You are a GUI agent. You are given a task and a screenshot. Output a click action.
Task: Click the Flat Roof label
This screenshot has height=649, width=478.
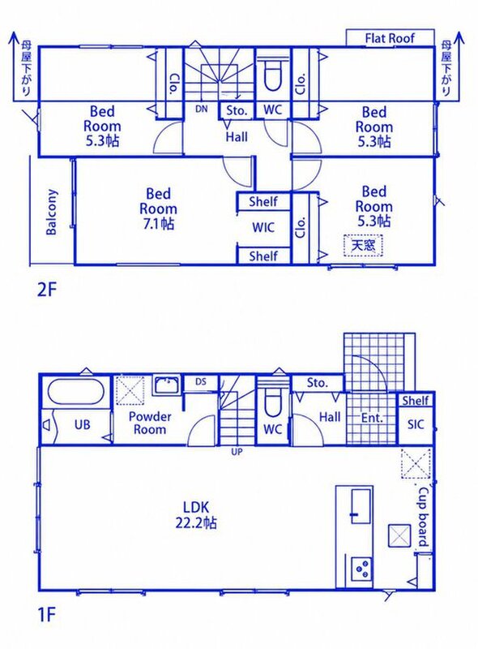pos(390,38)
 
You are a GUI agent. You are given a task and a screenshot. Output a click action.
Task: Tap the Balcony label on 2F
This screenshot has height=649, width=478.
pos(52,212)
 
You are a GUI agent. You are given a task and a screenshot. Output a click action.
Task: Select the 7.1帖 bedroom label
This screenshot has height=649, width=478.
pos(158,208)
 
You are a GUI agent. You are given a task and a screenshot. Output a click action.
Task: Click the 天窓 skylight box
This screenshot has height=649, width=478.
pos(363,245)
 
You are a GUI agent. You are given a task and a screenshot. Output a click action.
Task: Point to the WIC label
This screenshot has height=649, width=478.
pos(263,228)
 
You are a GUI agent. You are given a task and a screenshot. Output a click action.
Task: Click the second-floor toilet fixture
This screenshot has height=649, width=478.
pos(272,75)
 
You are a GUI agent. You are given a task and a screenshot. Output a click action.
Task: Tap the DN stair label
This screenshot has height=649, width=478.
pos(202,110)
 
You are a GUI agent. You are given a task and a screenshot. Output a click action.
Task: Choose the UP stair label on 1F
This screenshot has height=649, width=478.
pos(237,452)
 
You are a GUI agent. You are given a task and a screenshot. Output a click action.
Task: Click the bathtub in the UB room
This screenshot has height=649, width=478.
pos(75,392)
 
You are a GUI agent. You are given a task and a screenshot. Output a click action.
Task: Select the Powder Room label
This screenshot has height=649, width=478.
pos(150,423)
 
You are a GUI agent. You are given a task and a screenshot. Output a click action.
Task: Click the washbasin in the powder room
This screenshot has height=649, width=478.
pos(167,386)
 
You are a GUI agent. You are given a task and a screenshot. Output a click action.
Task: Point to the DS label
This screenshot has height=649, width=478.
pos(201,381)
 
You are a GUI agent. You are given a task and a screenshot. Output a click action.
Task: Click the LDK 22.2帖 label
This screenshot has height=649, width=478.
pos(196,515)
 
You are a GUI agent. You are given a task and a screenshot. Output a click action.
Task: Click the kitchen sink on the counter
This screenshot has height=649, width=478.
pos(361,505)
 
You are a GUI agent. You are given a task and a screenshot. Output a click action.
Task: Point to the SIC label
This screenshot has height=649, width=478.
pos(416,424)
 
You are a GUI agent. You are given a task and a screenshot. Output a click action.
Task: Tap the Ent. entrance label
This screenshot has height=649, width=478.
pos(372,418)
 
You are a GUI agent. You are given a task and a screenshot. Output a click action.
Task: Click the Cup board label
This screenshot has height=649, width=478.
pos(424,517)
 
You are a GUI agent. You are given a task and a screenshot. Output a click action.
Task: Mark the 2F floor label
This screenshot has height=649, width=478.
pos(46,290)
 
